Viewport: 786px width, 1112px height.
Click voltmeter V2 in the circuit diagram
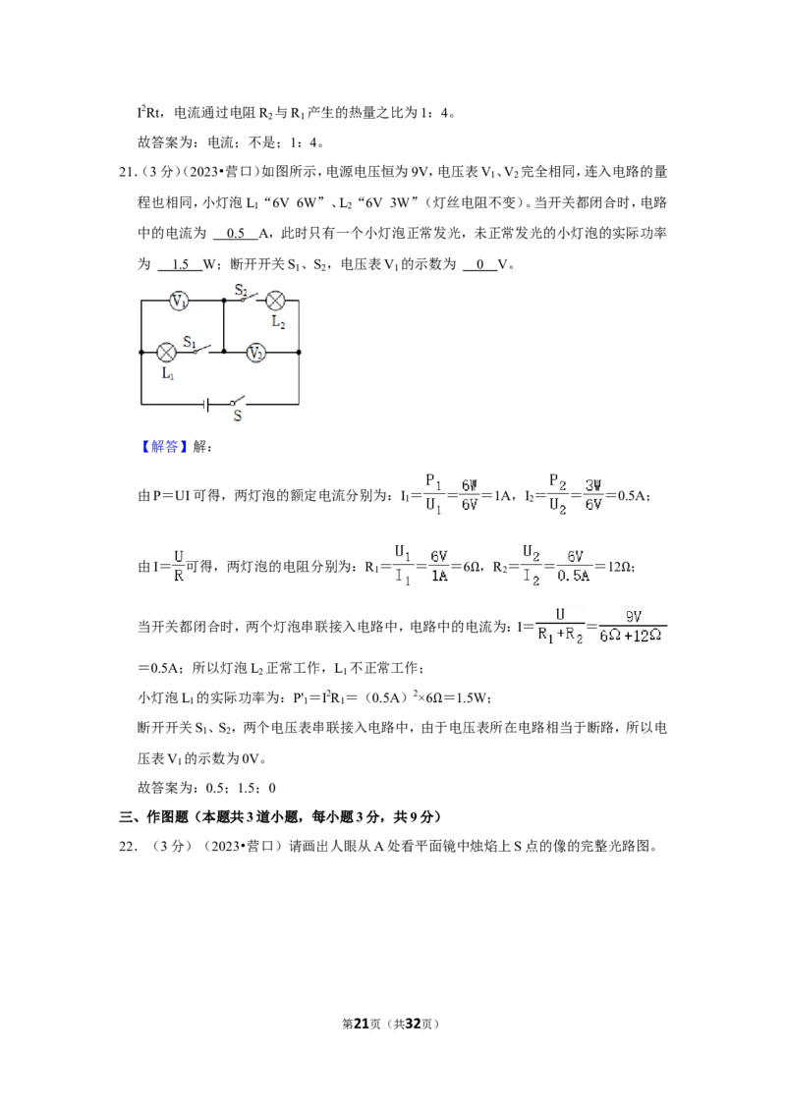(256, 352)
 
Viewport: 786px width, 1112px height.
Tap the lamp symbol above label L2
(275, 301)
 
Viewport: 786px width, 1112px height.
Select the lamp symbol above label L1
(167, 352)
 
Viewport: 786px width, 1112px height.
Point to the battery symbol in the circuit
(205, 405)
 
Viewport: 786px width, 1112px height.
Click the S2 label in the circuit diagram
(241, 290)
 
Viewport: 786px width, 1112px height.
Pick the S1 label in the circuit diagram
(190, 343)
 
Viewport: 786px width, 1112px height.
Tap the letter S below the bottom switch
(237, 417)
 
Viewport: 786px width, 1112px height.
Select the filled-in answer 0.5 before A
(236, 234)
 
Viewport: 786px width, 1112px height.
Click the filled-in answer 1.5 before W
(180, 264)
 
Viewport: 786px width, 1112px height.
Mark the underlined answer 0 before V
(480, 264)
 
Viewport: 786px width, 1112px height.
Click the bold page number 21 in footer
(362, 1024)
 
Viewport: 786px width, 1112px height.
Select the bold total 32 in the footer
(413, 1024)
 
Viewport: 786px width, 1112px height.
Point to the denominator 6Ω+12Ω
(631, 637)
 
